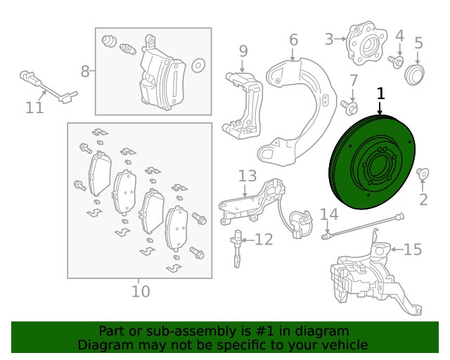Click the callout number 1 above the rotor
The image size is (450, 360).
380,94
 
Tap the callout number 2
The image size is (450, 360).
423,200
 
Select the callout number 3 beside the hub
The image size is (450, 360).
329,39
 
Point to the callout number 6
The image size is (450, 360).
293,39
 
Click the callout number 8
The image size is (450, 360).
85,71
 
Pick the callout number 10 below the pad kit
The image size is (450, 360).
141,291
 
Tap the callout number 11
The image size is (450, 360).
34,108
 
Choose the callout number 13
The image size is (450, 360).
247,176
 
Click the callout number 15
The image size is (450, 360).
413,249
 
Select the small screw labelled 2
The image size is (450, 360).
423,174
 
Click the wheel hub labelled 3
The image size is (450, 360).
366,44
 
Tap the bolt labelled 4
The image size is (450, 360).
396,62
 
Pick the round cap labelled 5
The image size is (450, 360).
414,75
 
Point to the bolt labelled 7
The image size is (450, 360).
349,108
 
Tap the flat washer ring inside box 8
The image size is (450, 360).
198,65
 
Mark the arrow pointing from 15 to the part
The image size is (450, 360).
397,250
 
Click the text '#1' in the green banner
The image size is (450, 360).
264,331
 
